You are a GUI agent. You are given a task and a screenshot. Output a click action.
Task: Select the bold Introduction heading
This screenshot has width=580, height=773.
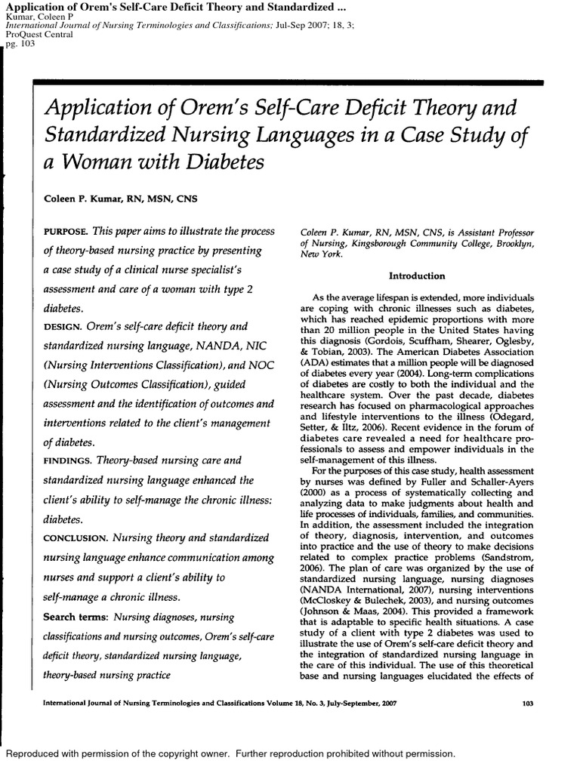(x=416, y=276)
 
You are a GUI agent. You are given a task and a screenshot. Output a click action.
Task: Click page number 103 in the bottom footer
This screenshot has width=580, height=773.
(x=528, y=704)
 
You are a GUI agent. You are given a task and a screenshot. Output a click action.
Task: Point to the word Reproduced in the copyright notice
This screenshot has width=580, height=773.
(x=37, y=754)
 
